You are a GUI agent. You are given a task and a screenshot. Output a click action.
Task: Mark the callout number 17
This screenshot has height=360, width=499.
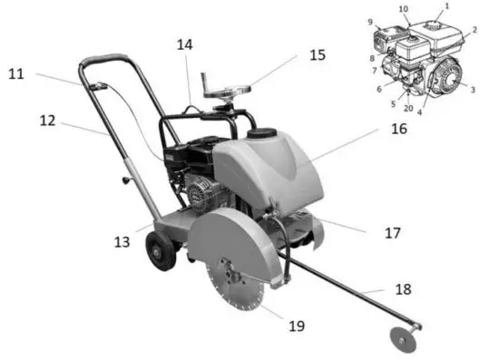(392, 232)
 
